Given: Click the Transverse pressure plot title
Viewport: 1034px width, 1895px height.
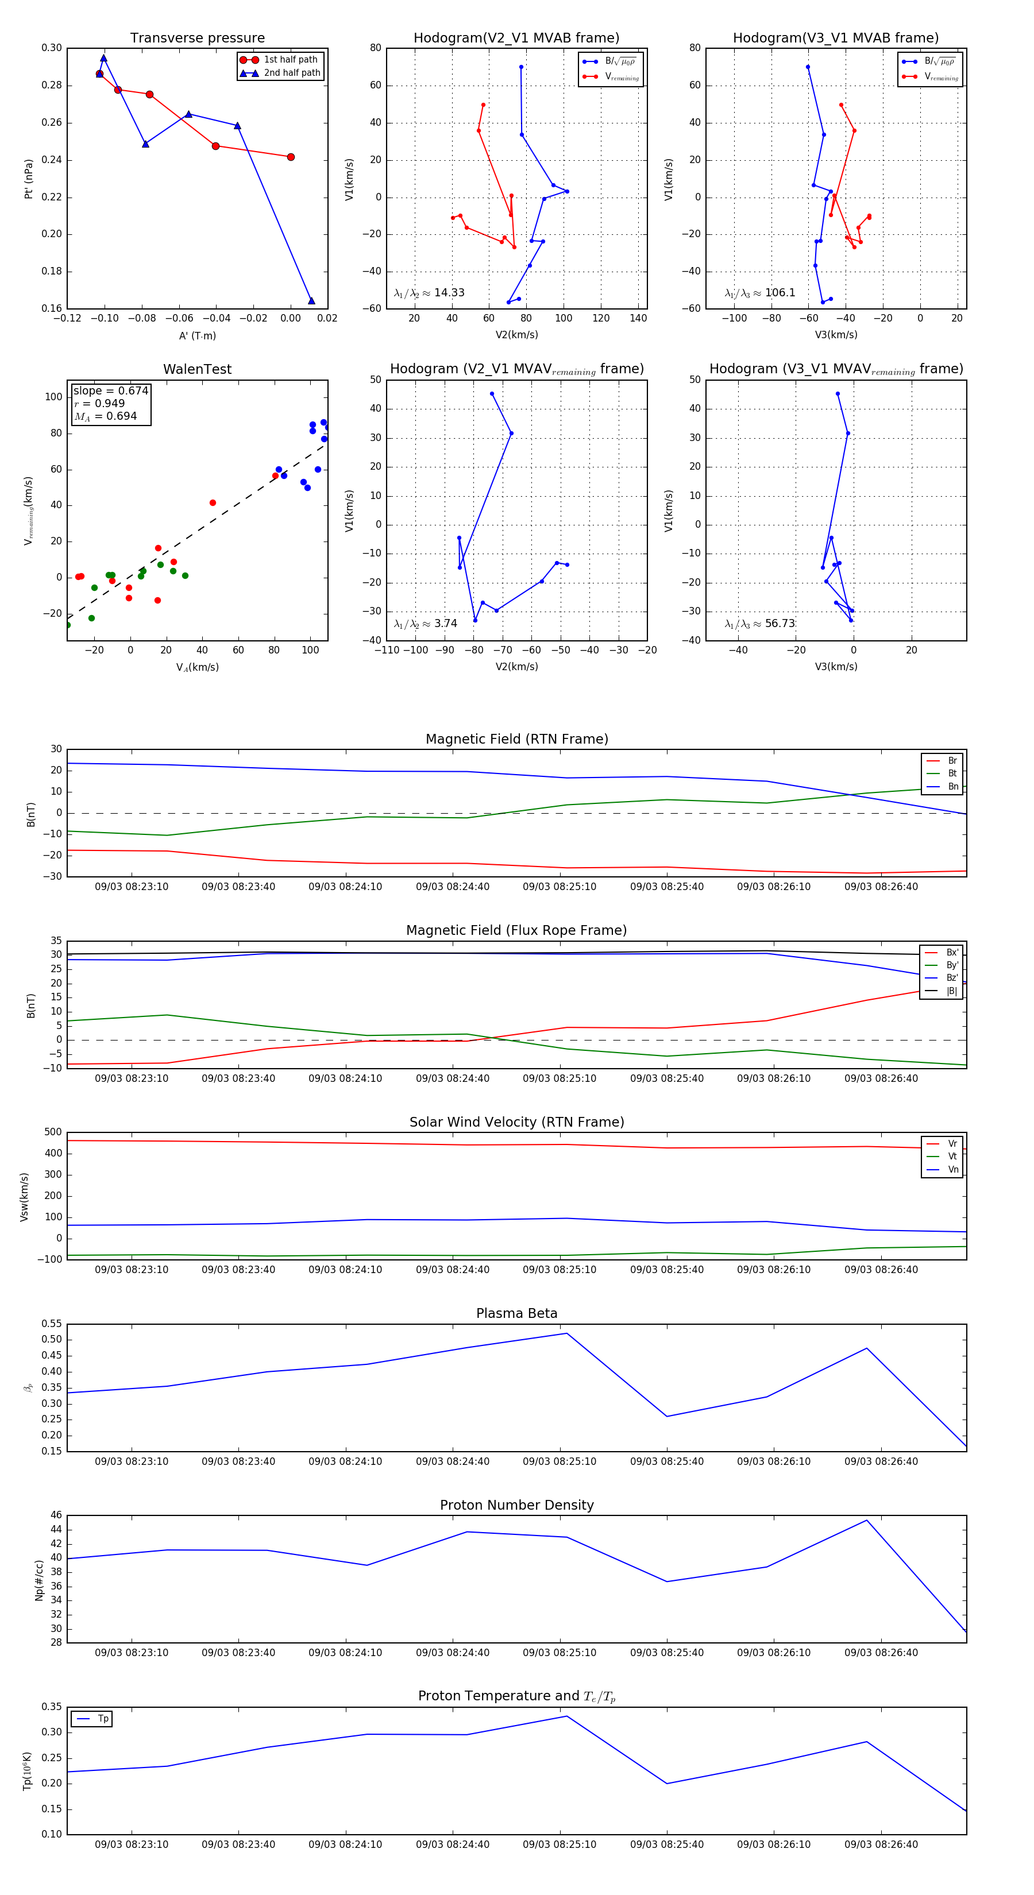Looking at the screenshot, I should pos(197,38).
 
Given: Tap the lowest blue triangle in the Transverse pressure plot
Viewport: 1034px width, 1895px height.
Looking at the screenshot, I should pos(311,301).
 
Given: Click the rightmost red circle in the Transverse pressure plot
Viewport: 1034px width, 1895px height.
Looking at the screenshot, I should pos(291,157).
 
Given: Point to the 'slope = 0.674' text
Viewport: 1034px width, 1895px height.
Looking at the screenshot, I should pos(110,390).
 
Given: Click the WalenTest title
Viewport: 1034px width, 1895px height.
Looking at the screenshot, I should pos(197,369).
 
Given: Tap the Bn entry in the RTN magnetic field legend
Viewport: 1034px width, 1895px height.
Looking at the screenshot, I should pos(952,786).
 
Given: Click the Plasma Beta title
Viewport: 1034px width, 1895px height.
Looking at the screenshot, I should pos(516,1314).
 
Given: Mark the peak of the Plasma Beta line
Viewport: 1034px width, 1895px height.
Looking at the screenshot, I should pos(566,1333).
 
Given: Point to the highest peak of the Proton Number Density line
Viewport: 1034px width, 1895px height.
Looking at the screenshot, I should pos(866,1521).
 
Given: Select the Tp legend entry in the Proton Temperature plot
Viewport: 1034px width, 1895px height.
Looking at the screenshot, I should pos(102,1719).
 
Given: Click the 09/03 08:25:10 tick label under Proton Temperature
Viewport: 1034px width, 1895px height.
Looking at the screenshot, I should pos(560,1844).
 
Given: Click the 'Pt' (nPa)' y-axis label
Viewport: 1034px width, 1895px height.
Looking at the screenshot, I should pos(29,179).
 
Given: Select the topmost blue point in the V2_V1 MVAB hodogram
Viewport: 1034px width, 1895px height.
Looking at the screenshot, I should pos(521,67).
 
